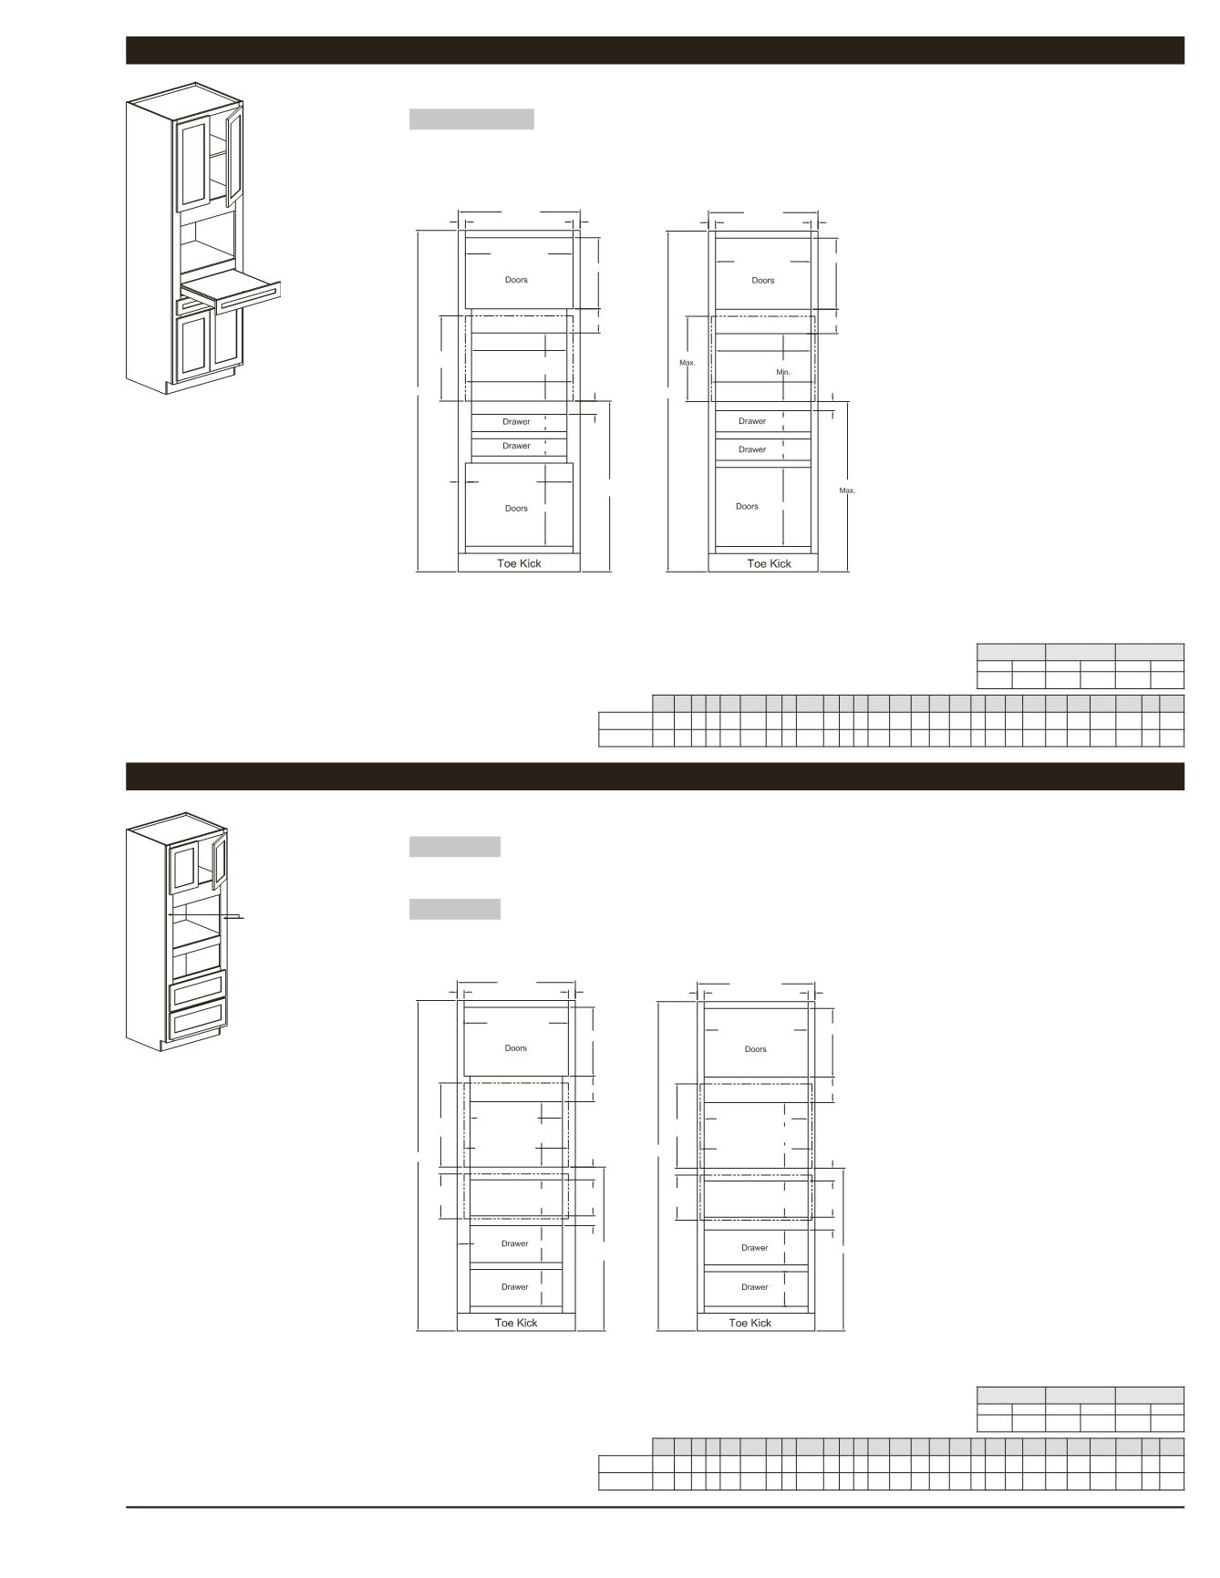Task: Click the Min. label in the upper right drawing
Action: pos(783,372)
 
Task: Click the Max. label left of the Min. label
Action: pos(688,363)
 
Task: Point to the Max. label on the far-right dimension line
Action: pos(848,490)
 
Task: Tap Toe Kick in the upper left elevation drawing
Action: pos(519,563)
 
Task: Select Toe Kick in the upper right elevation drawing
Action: pos(770,563)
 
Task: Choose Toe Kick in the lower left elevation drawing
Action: pos(516,1323)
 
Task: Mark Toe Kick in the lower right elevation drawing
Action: pos(750,1323)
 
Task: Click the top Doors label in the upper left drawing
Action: pos(516,280)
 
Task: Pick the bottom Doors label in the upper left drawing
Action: pos(516,508)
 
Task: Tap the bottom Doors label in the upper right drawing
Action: pos(747,506)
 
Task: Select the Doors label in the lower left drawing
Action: pos(516,1048)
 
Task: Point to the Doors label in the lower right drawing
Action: pos(756,1049)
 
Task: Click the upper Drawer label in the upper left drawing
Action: pos(516,421)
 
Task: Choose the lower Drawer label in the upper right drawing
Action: pos(752,449)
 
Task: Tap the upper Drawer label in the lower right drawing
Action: pos(755,1248)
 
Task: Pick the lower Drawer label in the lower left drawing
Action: pos(514,1287)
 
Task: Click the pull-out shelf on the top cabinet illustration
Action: pos(232,289)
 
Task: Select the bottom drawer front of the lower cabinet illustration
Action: pos(198,1019)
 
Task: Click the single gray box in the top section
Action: pos(471,119)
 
